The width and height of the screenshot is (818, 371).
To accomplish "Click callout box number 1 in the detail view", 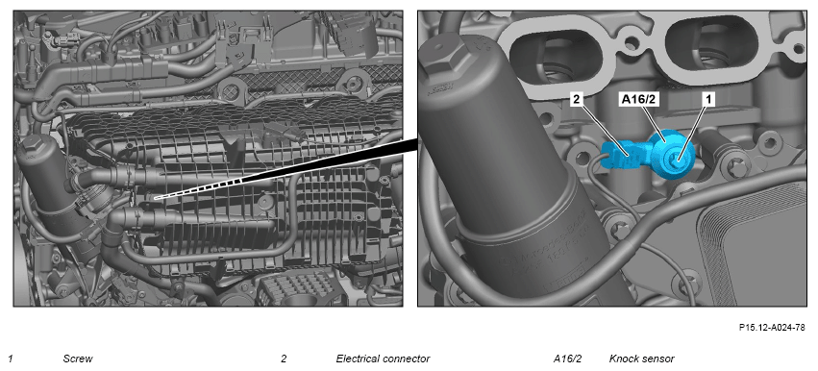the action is [x=707, y=100].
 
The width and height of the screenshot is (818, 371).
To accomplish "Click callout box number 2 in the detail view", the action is [x=577, y=100].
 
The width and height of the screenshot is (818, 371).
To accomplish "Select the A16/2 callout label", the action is [x=637, y=100].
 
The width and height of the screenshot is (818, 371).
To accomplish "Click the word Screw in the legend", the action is [x=78, y=359].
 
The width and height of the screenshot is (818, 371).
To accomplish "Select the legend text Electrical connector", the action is [x=383, y=359].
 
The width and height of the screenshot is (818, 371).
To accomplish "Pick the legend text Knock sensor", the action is [x=641, y=359].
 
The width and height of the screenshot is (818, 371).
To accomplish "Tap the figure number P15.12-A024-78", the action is [x=772, y=328].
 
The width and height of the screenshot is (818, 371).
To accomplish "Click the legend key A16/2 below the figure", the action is [x=567, y=359].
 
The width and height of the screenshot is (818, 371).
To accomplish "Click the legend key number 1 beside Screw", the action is [x=11, y=359].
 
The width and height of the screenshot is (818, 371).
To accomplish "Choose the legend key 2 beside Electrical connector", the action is [x=284, y=359].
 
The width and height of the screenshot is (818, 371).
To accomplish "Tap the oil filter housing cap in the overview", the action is [x=33, y=149].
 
